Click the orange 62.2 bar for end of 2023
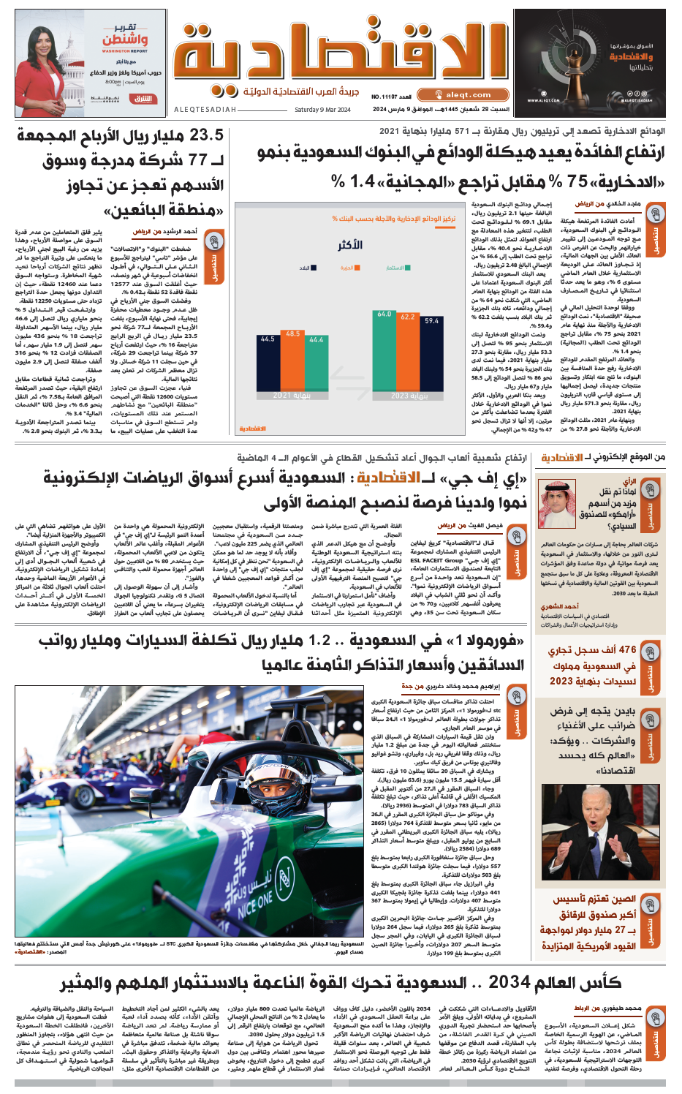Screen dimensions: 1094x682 408,355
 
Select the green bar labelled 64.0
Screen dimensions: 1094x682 384,353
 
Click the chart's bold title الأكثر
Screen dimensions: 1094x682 350,245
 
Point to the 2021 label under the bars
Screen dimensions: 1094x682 292,395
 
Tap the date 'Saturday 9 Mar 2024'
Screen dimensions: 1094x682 322,110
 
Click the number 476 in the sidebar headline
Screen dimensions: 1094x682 625,650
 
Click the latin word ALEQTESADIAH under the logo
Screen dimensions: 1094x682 205,110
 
